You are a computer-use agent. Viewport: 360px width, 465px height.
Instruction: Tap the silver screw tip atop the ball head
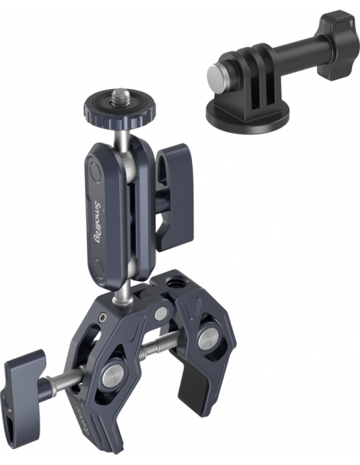(x=119, y=94)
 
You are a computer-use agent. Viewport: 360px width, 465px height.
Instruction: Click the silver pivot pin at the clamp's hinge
(x=160, y=314)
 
